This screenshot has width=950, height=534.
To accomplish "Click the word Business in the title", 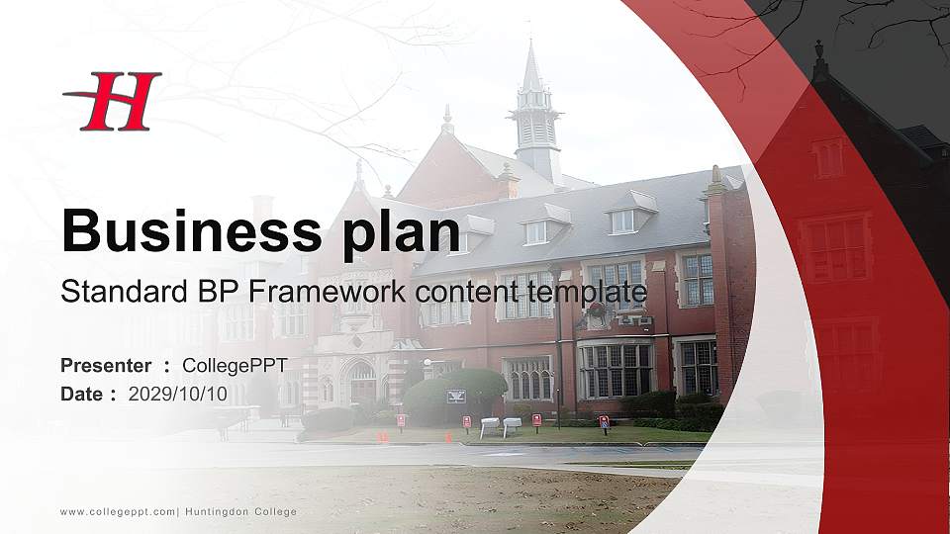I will pos(189,231).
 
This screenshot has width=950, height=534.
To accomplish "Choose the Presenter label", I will pos(106,366).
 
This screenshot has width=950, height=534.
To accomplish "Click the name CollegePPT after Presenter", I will pos(235,366).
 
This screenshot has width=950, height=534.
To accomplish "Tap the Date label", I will pos(81,394).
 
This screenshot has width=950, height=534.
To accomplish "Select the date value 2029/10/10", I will pos(178,394).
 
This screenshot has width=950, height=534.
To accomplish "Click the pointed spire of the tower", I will pos(531,69).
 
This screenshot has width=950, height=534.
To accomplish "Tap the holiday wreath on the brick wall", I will pos(597,310).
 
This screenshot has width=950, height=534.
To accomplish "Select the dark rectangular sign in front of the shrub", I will pos(456,397).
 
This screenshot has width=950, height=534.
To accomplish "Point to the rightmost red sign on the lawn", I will pos(604,422).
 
